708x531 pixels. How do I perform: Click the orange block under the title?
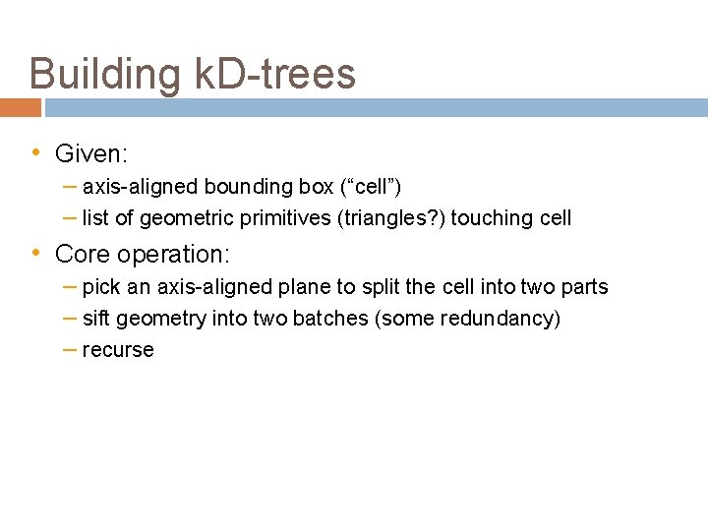click(21, 107)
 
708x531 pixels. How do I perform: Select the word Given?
click(92, 153)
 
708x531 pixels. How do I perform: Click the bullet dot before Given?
click(35, 152)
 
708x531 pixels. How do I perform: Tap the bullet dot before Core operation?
click(35, 253)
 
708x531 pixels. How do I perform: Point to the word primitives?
click(282, 218)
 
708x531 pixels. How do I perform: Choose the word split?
click(384, 287)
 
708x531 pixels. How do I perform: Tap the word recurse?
click(118, 350)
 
